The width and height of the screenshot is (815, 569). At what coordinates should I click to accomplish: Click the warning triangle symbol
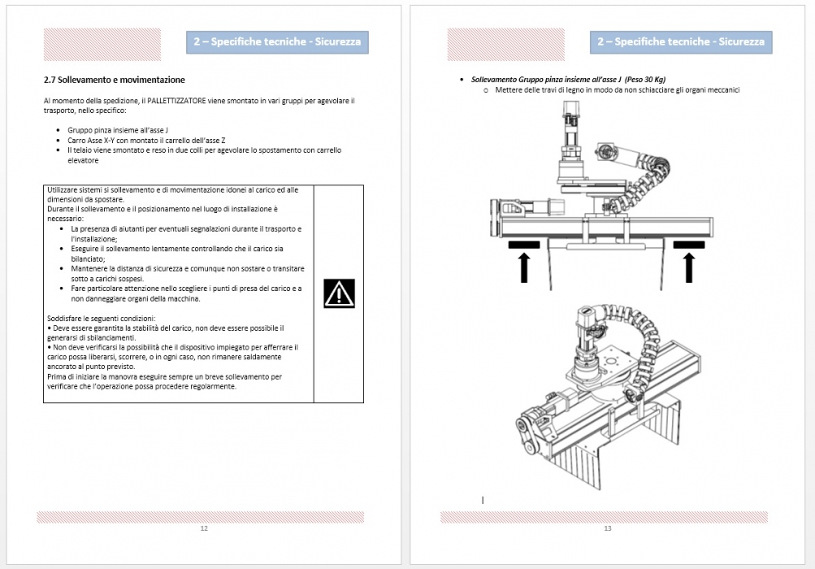(339, 293)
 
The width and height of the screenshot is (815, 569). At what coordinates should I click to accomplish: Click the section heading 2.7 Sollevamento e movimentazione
(115, 80)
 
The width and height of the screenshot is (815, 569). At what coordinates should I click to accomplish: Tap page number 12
(204, 528)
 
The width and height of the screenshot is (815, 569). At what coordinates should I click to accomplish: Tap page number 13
(608, 528)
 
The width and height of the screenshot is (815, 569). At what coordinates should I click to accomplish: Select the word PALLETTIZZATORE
(176, 100)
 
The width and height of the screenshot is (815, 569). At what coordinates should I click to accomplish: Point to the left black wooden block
(524, 245)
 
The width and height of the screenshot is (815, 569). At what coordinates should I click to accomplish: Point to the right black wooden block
(689, 245)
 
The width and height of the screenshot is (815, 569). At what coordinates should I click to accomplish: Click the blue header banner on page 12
(278, 42)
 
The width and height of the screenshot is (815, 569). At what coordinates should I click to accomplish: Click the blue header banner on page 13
(681, 42)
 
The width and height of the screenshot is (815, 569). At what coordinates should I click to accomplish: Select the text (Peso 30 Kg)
(645, 80)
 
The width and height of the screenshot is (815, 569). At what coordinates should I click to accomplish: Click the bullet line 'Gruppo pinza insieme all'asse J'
(118, 130)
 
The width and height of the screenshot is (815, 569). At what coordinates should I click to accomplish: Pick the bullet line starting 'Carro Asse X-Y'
(146, 141)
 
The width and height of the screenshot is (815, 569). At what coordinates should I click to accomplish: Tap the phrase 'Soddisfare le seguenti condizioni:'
(102, 319)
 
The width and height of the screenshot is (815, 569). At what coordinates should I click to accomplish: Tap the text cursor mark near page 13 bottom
(483, 501)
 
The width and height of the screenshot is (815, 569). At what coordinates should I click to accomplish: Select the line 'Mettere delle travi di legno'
(618, 90)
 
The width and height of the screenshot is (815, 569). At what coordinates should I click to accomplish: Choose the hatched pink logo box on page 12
(102, 44)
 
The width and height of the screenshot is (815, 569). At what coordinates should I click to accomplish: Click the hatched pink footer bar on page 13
(604, 517)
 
